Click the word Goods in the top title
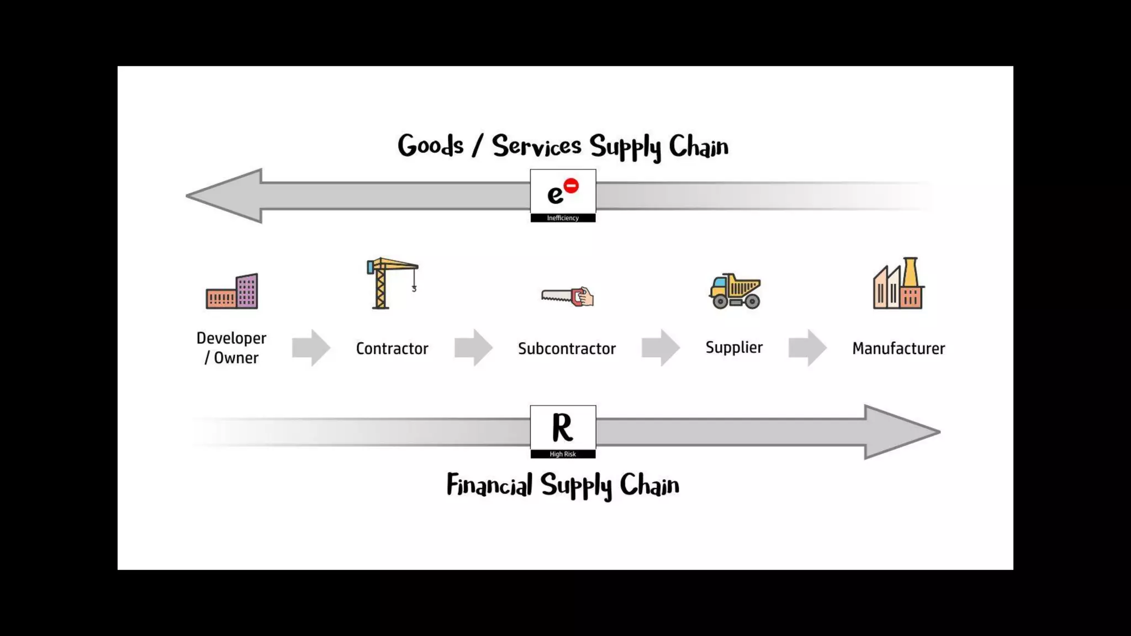430,146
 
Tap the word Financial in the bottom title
489,485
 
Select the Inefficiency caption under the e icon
563,218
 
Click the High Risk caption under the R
563,454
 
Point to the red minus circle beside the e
571,186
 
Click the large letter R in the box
562,427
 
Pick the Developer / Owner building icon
232,291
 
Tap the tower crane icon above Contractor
392,283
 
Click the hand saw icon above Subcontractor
567,296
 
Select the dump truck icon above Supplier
734,290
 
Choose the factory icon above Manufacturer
898,284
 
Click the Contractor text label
392,348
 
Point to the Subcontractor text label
567,348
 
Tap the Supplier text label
734,347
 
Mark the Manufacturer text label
899,348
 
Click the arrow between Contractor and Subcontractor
473,348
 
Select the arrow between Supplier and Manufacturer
807,348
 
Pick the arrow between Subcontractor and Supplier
660,348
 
